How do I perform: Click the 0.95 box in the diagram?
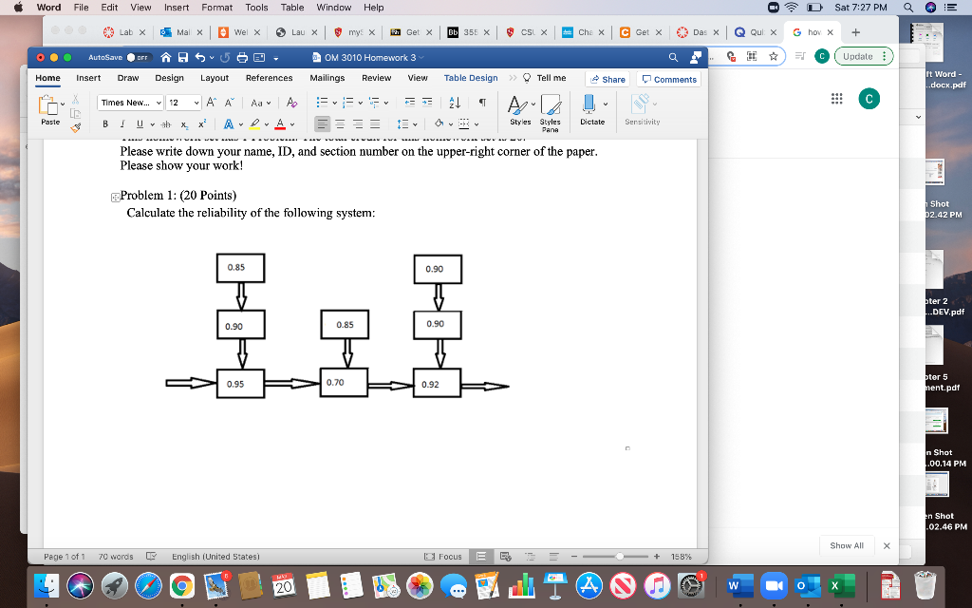pos(241,385)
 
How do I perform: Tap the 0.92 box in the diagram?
pos(438,385)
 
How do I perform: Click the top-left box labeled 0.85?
pos(241,269)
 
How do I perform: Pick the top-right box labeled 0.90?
pos(438,270)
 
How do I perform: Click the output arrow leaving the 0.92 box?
pos(486,386)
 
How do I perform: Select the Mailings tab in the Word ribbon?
pos(327,78)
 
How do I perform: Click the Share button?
pos(607,79)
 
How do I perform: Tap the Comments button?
pos(669,79)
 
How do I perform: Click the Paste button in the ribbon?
pos(50,109)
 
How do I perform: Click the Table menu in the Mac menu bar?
pos(292,8)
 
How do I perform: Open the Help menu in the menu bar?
pos(374,8)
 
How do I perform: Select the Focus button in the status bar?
pos(444,557)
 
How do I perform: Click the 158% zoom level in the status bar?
pos(681,557)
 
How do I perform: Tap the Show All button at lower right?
pos(847,545)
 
